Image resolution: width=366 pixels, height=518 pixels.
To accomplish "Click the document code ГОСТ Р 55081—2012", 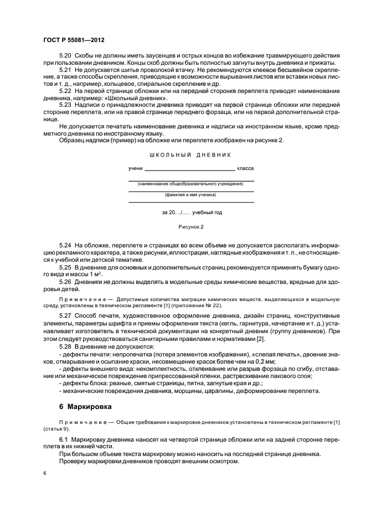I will [x=74, y=40].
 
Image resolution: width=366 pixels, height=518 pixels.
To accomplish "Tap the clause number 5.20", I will [x=65, y=56].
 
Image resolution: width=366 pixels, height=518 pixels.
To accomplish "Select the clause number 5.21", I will [x=65, y=71].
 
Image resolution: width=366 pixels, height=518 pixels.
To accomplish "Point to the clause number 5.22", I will [x=65, y=91].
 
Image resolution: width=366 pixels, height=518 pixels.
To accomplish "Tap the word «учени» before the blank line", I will [x=135, y=168].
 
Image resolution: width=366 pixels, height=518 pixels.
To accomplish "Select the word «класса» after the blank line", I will [x=245, y=168].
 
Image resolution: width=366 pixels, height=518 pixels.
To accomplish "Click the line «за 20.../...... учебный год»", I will [x=190, y=213].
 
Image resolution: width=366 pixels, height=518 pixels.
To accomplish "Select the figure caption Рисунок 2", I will [x=190, y=227].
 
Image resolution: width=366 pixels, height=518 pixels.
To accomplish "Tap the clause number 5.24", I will [x=65, y=244].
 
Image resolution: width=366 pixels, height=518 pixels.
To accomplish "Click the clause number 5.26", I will [x=65, y=281].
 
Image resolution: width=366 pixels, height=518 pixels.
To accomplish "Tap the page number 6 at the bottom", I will [x=44, y=474].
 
